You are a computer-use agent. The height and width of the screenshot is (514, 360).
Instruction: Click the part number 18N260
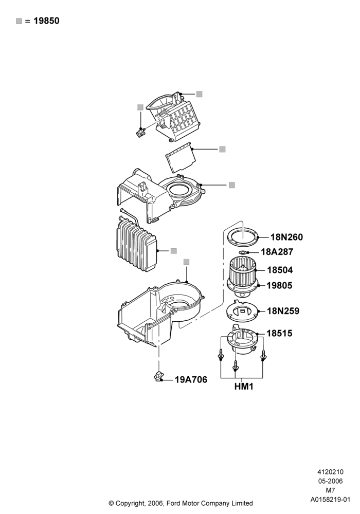click(286, 237)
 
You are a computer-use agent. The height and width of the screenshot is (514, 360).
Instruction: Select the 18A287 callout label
click(277, 252)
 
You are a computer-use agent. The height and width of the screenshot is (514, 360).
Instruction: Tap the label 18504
click(280, 270)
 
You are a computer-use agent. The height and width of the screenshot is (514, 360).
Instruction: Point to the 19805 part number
click(279, 285)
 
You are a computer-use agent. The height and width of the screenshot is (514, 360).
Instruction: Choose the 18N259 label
click(283, 311)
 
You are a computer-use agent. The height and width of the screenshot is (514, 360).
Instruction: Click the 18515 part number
click(279, 334)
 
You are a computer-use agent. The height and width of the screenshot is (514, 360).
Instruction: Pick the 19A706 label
click(191, 380)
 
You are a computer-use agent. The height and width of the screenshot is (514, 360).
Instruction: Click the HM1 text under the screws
click(244, 387)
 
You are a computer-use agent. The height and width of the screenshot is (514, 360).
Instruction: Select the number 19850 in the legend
click(47, 21)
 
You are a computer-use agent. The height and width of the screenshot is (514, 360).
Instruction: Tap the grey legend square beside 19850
click(19, 21)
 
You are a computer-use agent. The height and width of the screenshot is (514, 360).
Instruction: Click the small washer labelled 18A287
click(243, 252)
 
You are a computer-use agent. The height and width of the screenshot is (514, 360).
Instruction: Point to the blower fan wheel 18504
click(242, 271)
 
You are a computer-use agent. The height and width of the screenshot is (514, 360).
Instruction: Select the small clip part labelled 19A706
click(159, 376)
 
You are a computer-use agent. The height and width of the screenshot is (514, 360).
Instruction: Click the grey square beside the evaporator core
click(174, 251)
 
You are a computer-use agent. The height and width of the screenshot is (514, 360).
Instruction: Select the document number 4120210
click(330, 472)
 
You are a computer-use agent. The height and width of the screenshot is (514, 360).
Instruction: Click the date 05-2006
click(330, 481)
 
